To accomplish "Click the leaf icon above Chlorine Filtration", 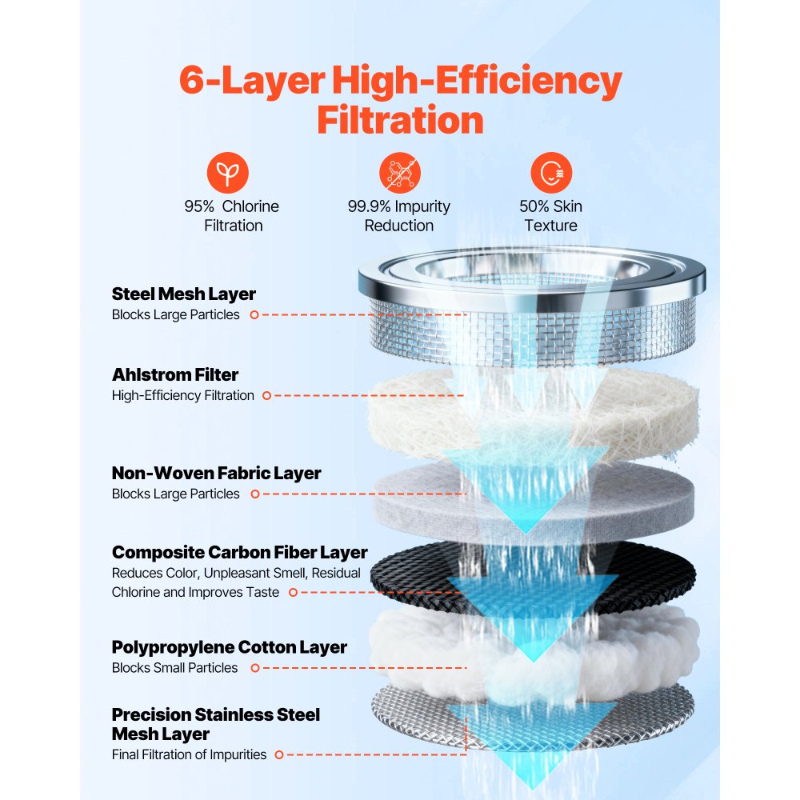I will click(x=228, y=172).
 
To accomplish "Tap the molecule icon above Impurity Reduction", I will click(x=399, y=172).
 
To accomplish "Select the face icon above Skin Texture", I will click(x=550, y=172).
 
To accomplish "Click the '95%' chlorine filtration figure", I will click(x=198, y=206).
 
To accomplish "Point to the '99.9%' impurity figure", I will click(x=370, y=206).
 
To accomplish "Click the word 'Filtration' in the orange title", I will click(x=400, y=120).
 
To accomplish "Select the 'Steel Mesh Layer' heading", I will click(x=184, y=294).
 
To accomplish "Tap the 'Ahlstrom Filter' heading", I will click(x=175, y=374).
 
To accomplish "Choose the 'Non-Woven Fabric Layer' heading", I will click(x=216, y=473).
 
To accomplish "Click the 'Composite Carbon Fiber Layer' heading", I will click(x=240, y=552).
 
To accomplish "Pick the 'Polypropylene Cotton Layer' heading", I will click(x=230, y=647).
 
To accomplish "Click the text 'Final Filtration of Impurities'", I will click(x=190, y=754).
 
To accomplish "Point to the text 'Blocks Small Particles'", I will click(x=174, y=667).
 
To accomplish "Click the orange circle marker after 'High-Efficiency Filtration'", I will click(x=266, y=395).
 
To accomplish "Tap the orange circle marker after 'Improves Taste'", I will click(x=293, y=592).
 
